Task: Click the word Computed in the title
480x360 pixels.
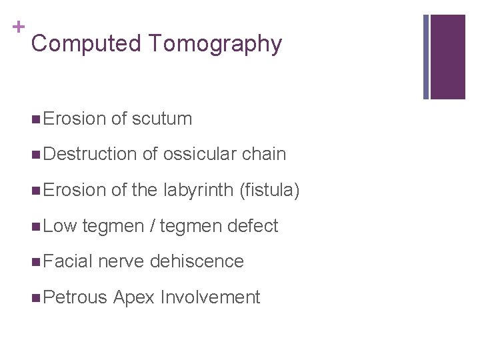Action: [x=87, y=44]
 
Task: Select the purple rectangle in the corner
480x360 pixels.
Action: [x=447, y=57]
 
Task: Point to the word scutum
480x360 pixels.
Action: [x=162, y=119]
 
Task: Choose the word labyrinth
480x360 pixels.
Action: [x=197, y=191]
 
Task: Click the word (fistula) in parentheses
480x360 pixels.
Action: [x=269, y=191]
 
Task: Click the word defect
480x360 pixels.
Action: [x=253, y=226]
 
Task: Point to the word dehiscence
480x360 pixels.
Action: [x=197, y=261]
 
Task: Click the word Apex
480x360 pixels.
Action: [x=136, y=297]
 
